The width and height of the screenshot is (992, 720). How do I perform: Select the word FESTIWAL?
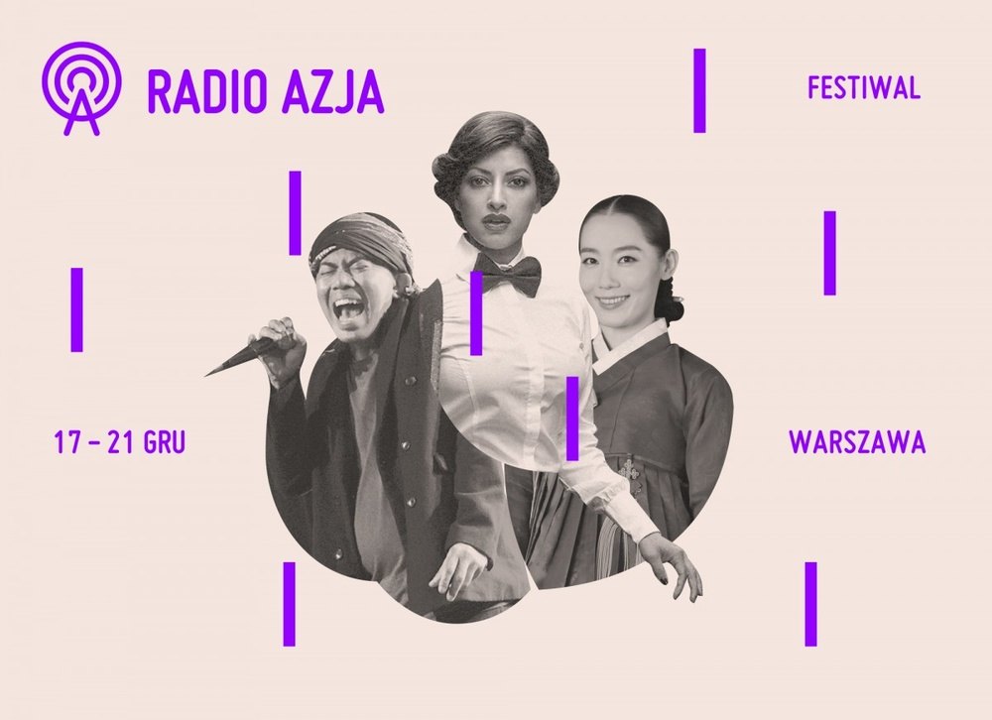[x=864, y=88]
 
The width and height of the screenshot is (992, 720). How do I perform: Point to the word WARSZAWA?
[x=857, y=443]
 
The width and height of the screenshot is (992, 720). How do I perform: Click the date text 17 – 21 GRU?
[x=120, y=443]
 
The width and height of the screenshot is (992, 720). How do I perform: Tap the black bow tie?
[x=507, y=271]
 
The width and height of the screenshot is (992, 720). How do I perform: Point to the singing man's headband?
[x=360, y=238]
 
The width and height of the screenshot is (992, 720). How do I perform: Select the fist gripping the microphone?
[x=280, y=342]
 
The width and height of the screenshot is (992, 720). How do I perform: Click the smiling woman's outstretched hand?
[x=675, y=565]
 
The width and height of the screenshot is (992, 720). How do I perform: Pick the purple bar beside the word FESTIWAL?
[x=699, y=90]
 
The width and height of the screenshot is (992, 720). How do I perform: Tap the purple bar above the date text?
[x=76, y=308]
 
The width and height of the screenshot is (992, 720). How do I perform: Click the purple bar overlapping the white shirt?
[x=476, y=313]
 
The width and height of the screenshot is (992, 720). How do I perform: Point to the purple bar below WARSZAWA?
[x=810, y=603]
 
